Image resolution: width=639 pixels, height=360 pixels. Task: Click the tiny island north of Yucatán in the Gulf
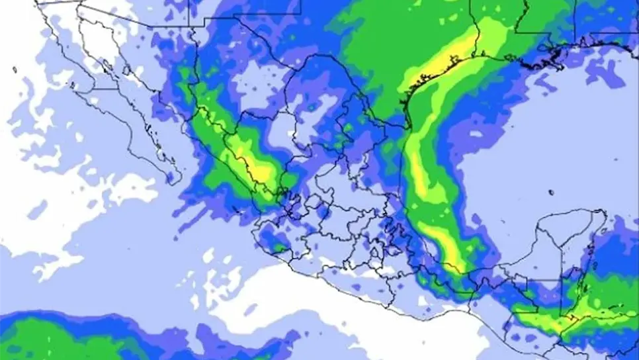point(551,193)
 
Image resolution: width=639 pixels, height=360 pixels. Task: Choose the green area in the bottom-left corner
point(40,337)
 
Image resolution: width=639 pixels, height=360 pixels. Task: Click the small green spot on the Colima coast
point(280,249)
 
